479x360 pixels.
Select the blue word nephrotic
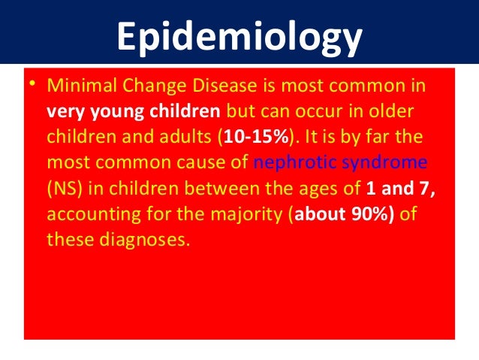coord(290,161)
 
